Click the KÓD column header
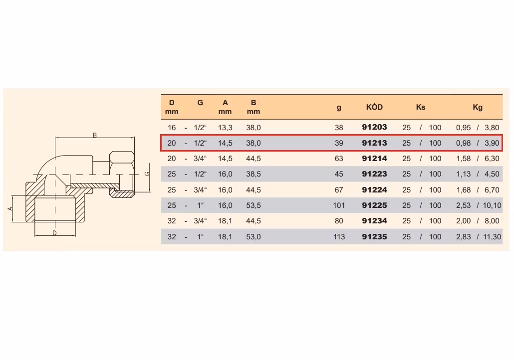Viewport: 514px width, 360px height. pyautogui.click(x=374, y=107)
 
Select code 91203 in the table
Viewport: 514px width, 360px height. pyautogui.click(x=374, y=127)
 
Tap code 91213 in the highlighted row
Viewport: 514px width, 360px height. pyautogui.click(x=374, y=143)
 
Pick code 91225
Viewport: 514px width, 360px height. pyautogui.click(x=374, y=205)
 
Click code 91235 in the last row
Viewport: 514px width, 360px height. pyautogui.click(x=374, y=236)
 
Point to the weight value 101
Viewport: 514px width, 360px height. pyautogui.click(x=339, y=205)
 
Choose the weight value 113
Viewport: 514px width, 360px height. pyautogui.click(x=339, y=236)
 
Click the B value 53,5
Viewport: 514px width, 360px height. pyautogui.click(x=254, y=205)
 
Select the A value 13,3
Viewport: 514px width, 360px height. pyautogui.click(x=225, y=128)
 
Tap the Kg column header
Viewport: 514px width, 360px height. pyautogui.click(x=478, y=107)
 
